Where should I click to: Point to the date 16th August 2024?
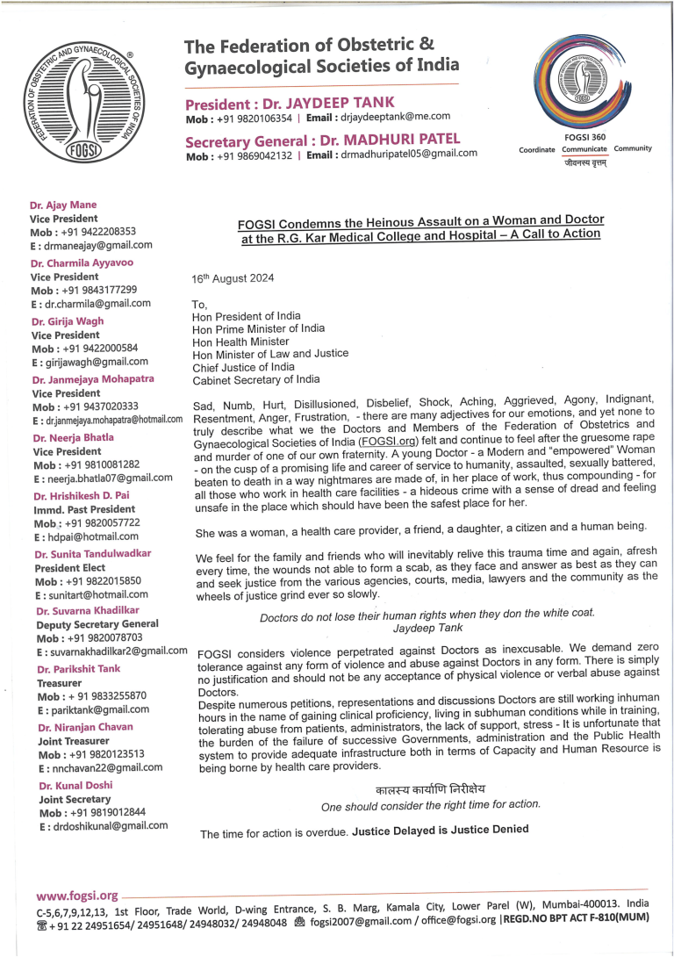click(233, 278)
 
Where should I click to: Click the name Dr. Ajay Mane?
click(65, 205)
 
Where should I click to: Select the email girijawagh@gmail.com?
click(90, 361)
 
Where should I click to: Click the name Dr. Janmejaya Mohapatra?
click(93, 379)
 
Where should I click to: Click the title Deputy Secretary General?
click(97, 625)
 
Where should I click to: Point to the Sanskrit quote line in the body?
click(430, 789)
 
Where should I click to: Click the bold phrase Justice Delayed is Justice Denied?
click(441, 830)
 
